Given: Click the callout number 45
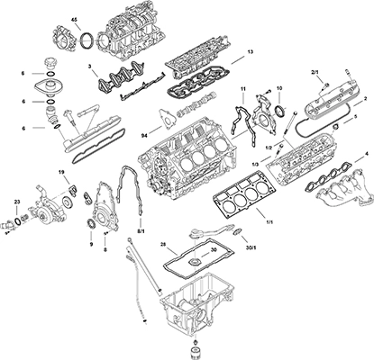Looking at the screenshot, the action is coord(74,20).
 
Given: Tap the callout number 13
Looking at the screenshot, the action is coord(251,52).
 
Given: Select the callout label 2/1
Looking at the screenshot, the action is coord(315,72).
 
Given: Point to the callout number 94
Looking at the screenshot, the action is coord(145,136).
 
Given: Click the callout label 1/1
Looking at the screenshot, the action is coord(269,222).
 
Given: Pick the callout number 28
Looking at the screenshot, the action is coord(163,243).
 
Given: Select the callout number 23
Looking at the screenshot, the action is coord(16,202).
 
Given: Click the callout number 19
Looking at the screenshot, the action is coord(61,172).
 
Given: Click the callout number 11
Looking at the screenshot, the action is coord(243,88).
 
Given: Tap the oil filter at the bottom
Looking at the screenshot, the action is coord(196,353).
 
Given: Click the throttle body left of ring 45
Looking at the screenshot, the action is coord(64,38).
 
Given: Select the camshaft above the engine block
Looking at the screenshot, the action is coord(196,103).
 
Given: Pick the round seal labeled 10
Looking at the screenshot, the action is coord(280,110).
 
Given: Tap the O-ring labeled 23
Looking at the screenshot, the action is coord(17,220).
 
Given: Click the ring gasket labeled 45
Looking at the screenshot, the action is coord(87,41).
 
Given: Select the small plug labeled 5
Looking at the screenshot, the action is coord(335,129).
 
